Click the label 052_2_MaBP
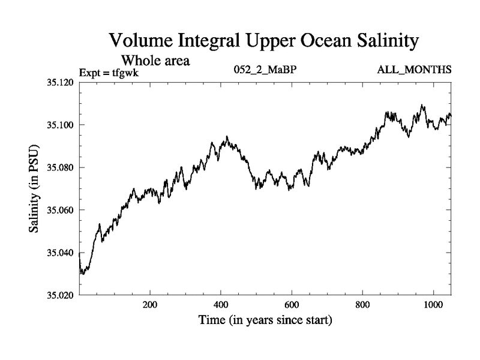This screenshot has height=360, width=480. (x=265, y=71)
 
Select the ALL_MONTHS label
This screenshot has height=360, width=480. (x=414, y=71)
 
